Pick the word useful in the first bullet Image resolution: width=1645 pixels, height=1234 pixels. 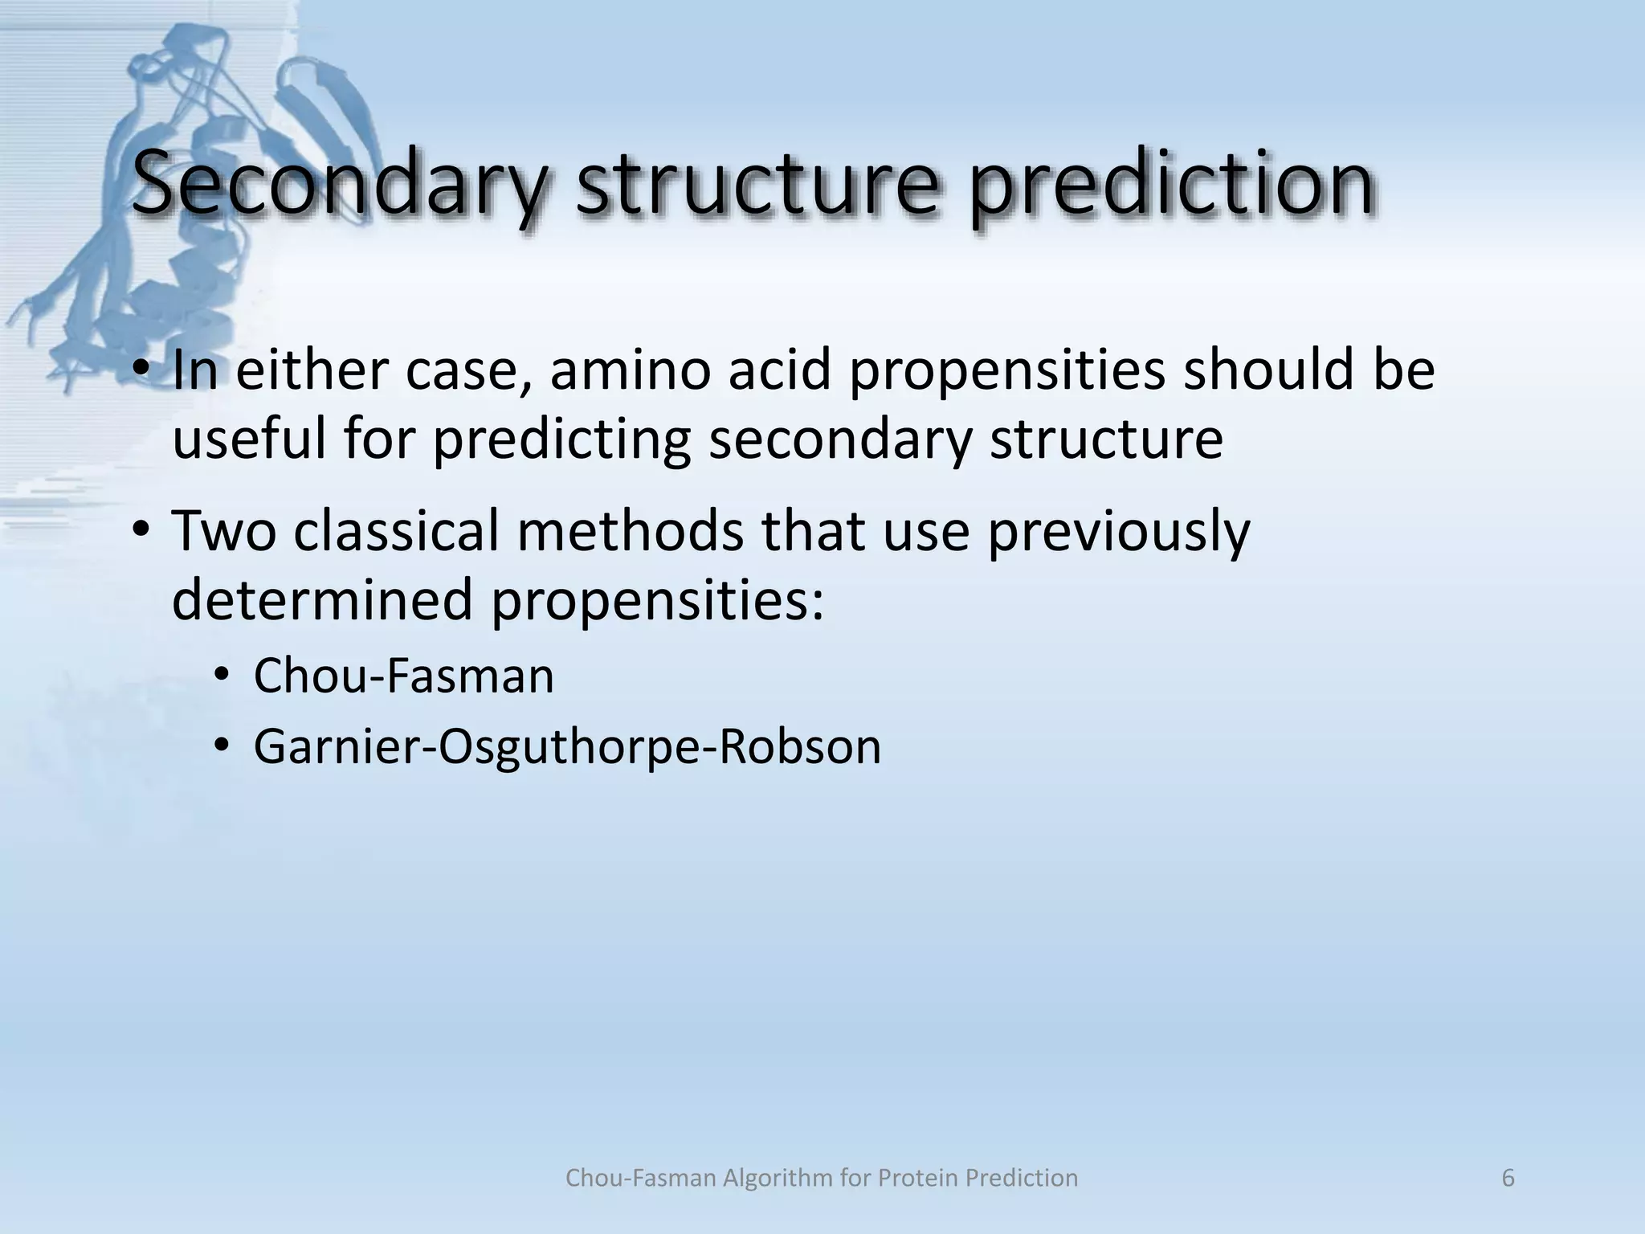click(249, 439)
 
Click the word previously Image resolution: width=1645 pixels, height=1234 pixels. click(1118, 531)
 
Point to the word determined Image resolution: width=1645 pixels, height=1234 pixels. click(322, 600)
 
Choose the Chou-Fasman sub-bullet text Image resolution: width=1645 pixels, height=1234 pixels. click(403, 676)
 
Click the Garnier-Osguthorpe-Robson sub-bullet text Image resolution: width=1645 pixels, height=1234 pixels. click(567, 746)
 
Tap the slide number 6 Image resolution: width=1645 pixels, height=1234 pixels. click(1508, 1179)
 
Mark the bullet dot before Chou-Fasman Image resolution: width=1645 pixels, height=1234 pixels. click(221, 676)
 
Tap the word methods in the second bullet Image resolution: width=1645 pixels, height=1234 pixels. click(630, 531)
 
